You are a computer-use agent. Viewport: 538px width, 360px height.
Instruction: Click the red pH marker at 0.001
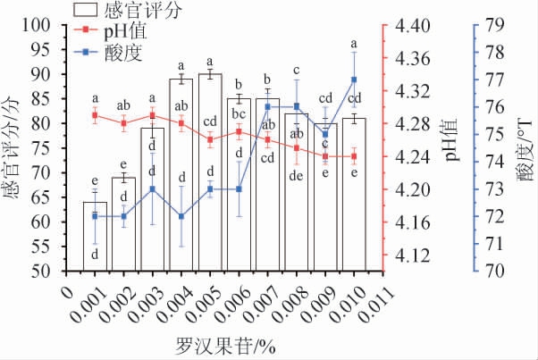tap(95, 114)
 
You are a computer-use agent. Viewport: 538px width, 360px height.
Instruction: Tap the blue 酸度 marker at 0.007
tap(268, 107)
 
